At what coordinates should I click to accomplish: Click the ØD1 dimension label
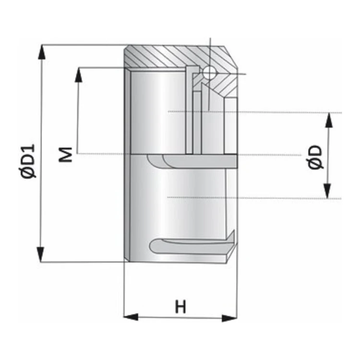(28, 161)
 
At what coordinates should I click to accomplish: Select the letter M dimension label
(65, 155)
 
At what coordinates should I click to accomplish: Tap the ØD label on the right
(314, 157)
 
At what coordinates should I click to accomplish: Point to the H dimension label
(180, 307)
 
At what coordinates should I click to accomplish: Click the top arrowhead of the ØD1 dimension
(42, 52)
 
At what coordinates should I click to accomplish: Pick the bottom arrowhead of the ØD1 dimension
(41, 254)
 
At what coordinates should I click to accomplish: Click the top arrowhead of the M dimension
(79, 75)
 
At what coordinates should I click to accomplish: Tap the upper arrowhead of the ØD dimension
(329, 120)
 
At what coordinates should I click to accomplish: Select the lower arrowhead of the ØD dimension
(327, 191)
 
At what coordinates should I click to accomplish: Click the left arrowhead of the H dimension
(131, 317)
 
